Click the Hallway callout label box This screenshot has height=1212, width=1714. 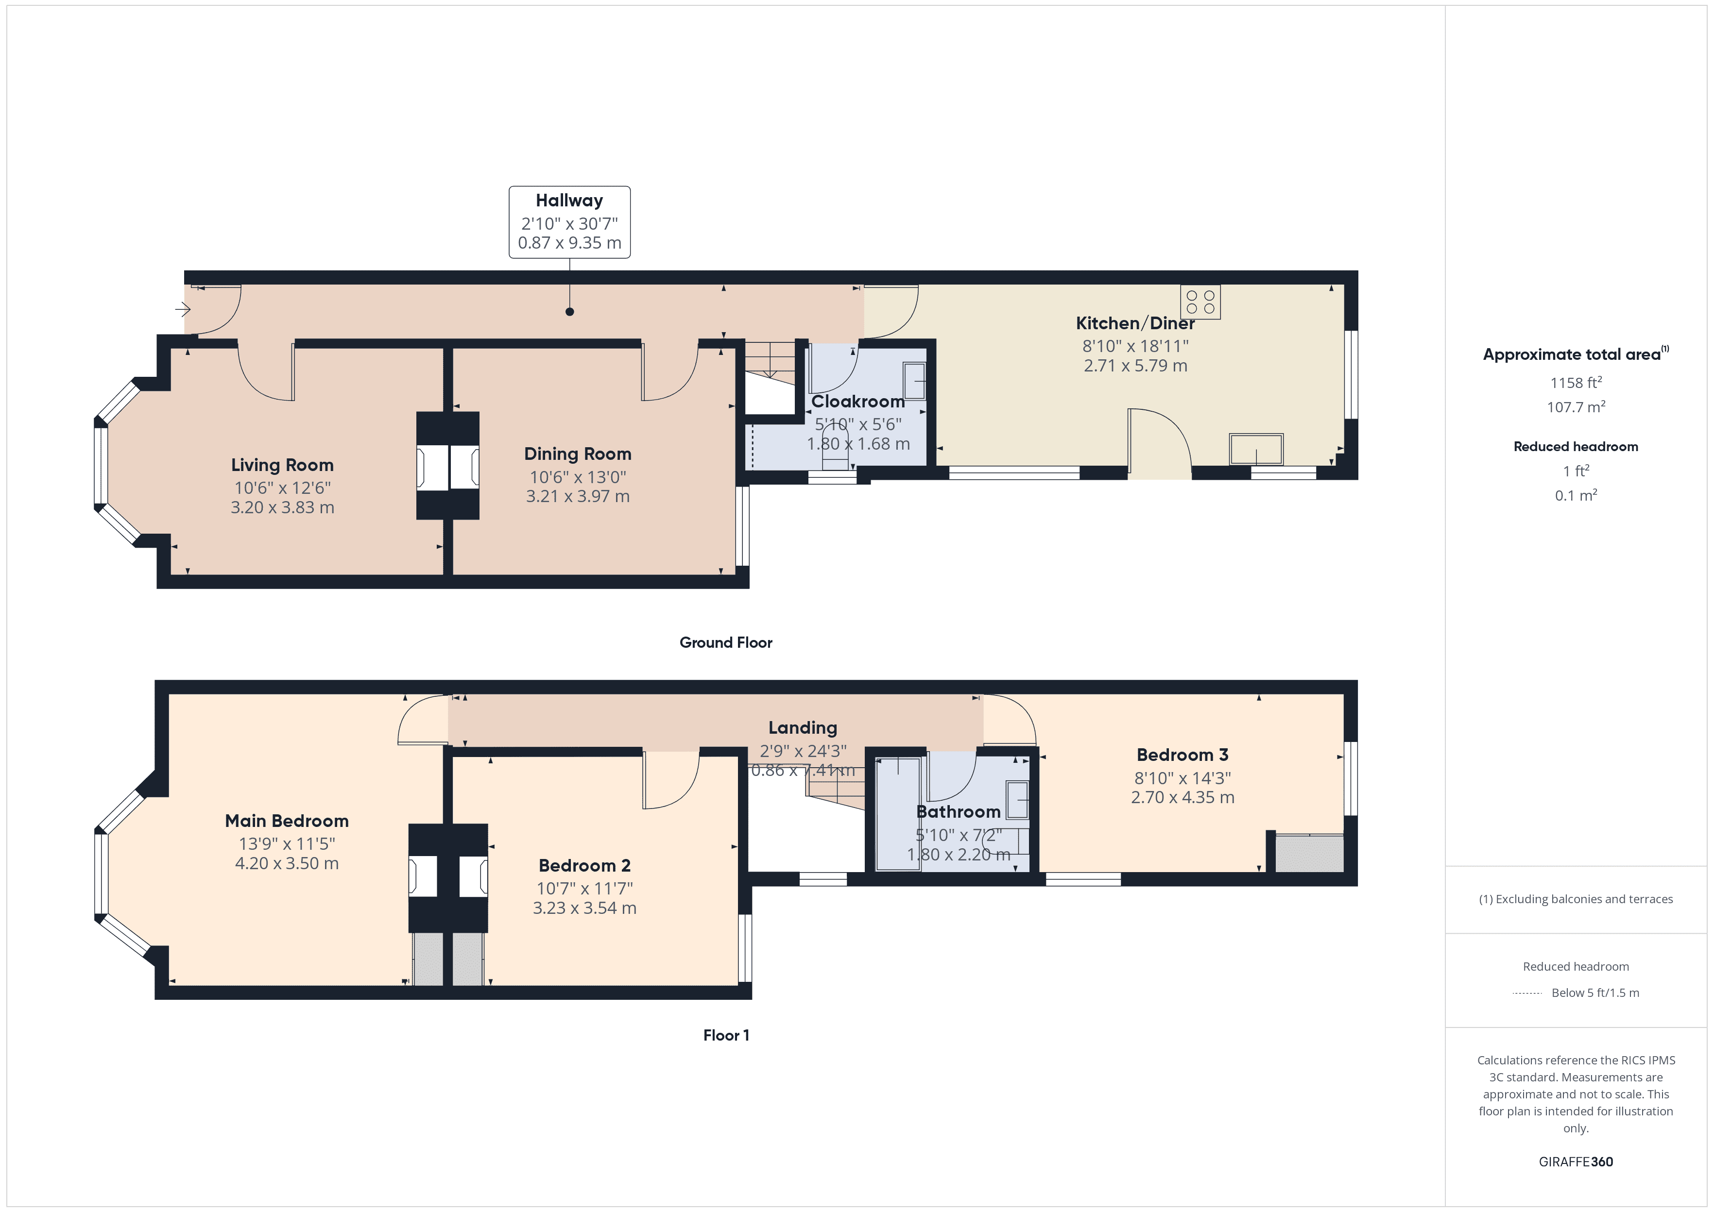(x=569, y=222)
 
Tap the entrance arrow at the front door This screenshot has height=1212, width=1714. (x=183, y=308)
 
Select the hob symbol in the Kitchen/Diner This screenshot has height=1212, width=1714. (x=1200, y=302)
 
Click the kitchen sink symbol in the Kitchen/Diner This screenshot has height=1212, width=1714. (x=1256, y=449)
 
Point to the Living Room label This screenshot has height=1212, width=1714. (x=282, y=465)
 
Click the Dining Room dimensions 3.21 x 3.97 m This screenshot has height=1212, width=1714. (x=578, y=496)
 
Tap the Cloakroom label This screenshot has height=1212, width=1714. (x=858, y=402)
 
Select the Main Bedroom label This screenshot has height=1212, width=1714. (x=287, y=821)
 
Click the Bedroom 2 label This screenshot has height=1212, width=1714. (x=584, y=866)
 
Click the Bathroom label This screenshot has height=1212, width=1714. (x=958, y=812)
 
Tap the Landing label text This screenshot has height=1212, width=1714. (x=803, y=728)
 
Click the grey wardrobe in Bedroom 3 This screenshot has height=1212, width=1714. (x=1309, y=854)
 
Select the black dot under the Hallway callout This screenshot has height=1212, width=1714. (x=569, y=312)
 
